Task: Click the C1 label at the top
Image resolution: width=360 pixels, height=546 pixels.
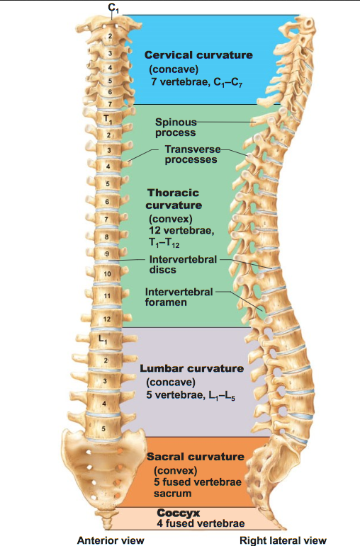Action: click(x=113, y=8)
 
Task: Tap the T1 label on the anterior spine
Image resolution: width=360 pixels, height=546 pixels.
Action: click(x=108, y=119)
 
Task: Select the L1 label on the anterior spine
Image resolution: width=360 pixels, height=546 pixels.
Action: click(x=103, y=339)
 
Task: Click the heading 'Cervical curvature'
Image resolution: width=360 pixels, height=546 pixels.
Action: click(x=198, y=55)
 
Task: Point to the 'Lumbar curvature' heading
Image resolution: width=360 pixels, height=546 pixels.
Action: click(x=191, y=368)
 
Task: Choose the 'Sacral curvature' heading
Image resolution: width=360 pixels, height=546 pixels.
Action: click(x=196, y=457)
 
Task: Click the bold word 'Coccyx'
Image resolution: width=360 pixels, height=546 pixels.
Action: click(x=179, y=513)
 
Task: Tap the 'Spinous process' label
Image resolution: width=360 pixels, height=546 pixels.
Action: click(x=176, y=127)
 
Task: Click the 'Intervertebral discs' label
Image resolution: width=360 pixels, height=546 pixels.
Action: click(x=183, y=264)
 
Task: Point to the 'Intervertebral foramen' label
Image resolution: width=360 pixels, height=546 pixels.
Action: click(x=179, y=297)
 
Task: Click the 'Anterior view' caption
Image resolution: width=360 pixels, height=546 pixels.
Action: click(x=111, y=540)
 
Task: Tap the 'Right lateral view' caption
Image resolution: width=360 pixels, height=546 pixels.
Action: click(x=283, y=540)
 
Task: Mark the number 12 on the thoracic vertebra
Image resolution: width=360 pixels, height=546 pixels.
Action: click(x=107, y=319)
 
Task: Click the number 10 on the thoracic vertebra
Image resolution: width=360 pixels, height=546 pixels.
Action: click(x=107, y=274)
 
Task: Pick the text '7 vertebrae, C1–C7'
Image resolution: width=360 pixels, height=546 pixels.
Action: click(x=197, y=83)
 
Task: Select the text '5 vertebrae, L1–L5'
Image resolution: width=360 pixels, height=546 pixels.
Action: click(x=191, y=396)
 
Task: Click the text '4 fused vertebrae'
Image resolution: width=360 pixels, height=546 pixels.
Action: click(x=201, y=523)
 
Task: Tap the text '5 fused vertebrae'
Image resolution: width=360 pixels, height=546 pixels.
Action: click(x=198, y=482)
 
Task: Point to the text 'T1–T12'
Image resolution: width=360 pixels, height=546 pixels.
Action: click(x=164, y=243)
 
